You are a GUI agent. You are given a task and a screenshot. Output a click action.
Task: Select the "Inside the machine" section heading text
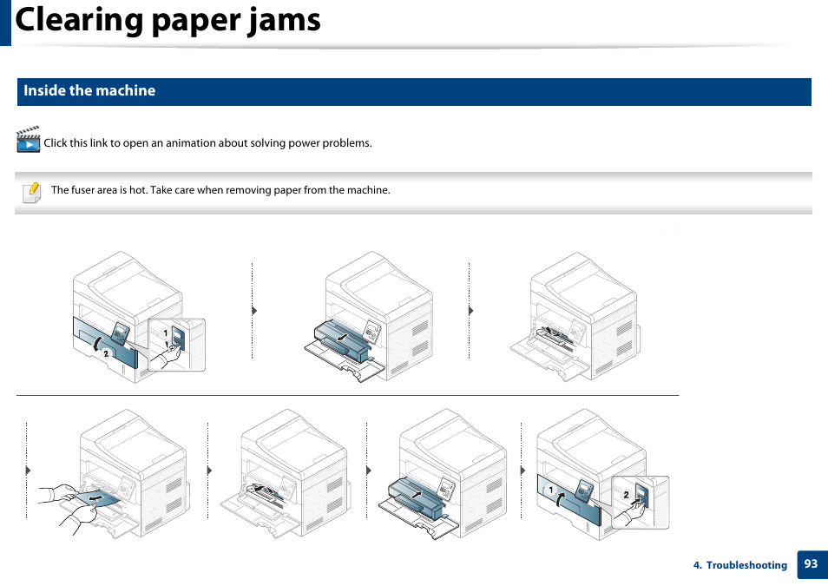(x=89, y=91)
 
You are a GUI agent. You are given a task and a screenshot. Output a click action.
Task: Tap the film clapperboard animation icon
(x=29, y=141)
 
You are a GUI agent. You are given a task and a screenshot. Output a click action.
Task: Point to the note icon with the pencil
(x=31, y=191)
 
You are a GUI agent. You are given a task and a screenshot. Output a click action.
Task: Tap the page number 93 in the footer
(x=811, y=564)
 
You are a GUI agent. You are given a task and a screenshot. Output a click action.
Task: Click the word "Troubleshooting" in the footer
(x=746, y=565)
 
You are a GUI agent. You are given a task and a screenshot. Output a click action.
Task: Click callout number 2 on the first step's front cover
(x=106, y=353)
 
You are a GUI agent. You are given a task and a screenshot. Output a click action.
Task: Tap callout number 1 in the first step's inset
(x=166, y=333)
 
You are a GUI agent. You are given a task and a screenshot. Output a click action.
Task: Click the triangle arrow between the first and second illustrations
(x=254, y=310)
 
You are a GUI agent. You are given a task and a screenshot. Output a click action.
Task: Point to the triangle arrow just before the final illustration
(x=523, y=470)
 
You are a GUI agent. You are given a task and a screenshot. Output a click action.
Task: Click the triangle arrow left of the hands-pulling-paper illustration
(x=29, y=470)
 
